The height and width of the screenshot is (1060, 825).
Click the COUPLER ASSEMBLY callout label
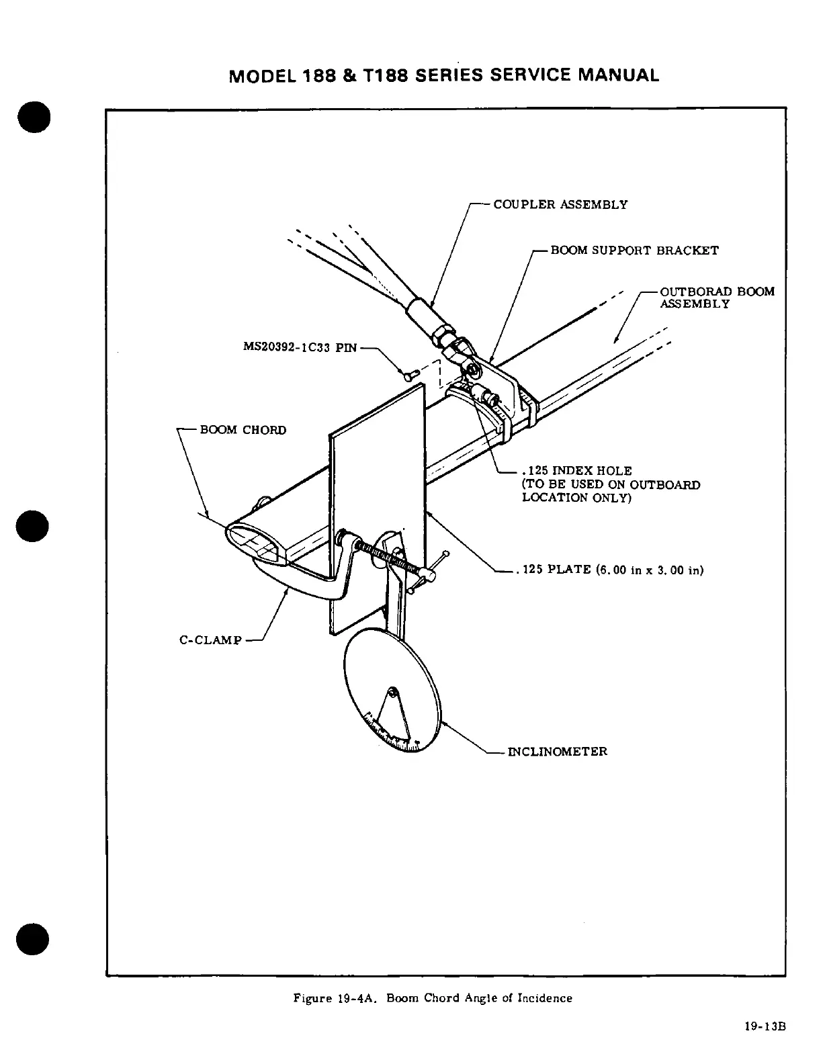tap(560, 204)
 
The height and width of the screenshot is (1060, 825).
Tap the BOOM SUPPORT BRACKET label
tap(634, 251)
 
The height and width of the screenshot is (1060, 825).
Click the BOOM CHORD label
tap(243, 430)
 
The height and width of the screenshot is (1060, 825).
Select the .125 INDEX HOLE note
tap(611, 484)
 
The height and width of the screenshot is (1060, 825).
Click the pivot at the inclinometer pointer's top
tap(392, 691)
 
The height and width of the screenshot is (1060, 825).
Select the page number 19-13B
tap(765, 1026)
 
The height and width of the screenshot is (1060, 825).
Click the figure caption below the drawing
tap(433, 998)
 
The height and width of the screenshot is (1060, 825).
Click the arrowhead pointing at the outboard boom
tap(617, 340)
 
